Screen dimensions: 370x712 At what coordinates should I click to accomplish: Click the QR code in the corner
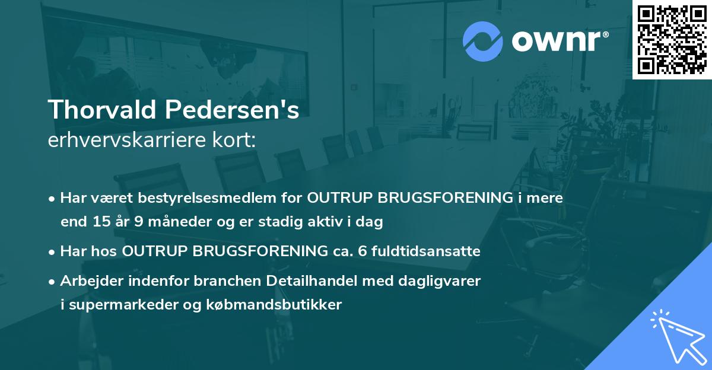pyautogui.click(x=672, y=39)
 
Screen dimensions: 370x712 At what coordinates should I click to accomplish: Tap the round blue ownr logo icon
pyautogui.click(x=482, y=41)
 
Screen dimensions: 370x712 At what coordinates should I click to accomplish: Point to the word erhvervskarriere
pyautogui.click(x=130, y=141)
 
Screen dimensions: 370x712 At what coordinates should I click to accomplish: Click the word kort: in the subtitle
pyautogui.click(x=236, y=141)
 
